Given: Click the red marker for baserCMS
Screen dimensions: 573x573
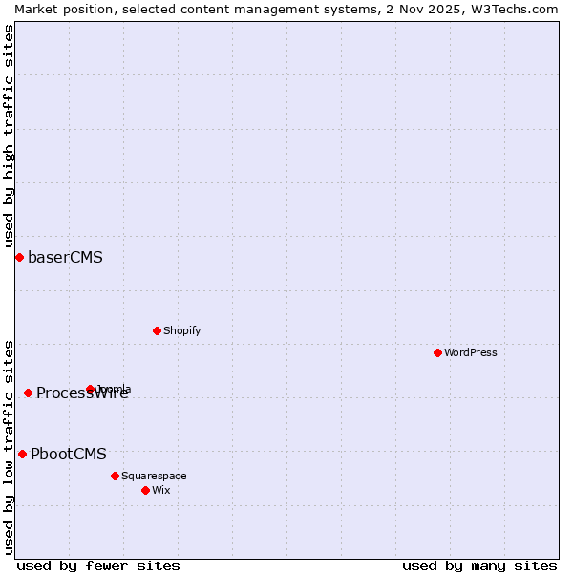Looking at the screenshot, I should coord(19,258).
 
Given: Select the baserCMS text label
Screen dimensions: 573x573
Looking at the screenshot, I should coord(65,258).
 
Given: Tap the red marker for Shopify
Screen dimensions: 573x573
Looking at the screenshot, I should coord(157,331).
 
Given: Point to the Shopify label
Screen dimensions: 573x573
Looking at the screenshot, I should coord(181,331).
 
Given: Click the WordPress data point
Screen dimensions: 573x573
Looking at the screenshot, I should coord(437,353).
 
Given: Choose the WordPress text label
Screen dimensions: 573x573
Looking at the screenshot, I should coord(471,353).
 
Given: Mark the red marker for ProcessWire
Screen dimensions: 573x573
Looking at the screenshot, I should coord(29,393).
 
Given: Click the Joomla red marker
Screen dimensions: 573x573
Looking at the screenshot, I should coord(91,389).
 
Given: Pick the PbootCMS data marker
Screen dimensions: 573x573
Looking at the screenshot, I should coord(22,455).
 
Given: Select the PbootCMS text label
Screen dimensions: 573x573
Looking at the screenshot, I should coord(69,455).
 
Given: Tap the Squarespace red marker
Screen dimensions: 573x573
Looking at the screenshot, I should coord(115,476).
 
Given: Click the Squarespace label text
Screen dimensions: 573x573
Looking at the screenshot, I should coord(154,476).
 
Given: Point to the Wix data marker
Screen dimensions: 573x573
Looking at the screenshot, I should coord(145,490).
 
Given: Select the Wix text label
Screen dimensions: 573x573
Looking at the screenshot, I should coord(161,491).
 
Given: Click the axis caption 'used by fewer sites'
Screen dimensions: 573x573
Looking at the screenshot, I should coord(98,565).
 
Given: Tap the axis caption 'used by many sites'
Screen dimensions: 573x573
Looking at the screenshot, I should coord(479,565).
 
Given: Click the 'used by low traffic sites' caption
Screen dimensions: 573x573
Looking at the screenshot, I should coord(9,446).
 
